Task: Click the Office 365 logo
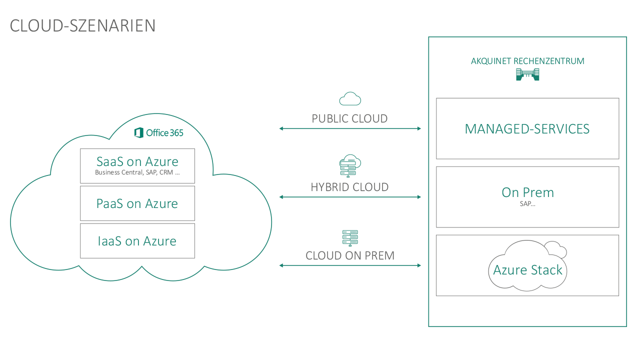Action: pos(158,132)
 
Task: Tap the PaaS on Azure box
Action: pos(137,203)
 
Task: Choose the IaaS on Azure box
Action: pos(137,241)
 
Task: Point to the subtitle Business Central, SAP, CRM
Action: pos(137,173)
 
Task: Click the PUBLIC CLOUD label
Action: pos(350,119)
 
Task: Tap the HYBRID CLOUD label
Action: pos(350,187)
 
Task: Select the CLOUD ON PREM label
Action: pos(350,256)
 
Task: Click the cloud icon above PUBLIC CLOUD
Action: pos(350,99)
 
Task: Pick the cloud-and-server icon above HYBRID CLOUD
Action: pos(350,166)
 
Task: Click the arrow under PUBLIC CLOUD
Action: pos(350,129)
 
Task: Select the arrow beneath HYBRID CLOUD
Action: pos(350,197)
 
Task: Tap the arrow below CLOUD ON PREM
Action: pos(350,265)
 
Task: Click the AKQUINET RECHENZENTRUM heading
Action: pos(527,61)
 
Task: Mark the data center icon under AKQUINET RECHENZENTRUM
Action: pos(527,75)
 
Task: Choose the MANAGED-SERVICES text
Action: pos(527,129)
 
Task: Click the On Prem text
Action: pos(527,192)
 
